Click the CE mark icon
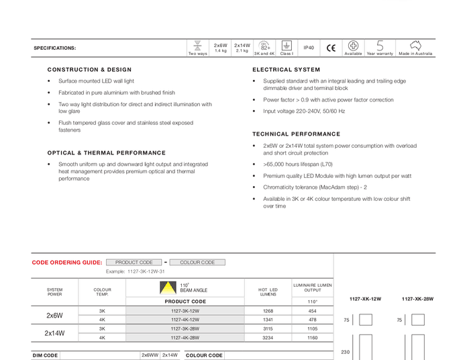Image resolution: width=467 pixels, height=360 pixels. click(x=331, y=48)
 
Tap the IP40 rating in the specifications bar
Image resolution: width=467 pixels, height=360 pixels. click(x=309, y=48)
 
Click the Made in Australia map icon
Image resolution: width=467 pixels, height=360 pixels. click(x=415, y=46)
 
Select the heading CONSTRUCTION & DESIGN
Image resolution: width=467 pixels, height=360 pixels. click(x=89, y=70)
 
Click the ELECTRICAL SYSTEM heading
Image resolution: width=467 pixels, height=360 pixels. click(x=287, y=70)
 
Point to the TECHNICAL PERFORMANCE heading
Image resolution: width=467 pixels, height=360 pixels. click(x=297, y=134)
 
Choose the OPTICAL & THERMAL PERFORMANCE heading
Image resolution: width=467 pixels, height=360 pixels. click(x=106, y=153)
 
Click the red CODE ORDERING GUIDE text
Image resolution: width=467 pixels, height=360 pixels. click(x=67, y=263)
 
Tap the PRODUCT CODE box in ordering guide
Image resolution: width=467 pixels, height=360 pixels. click(x=134, y=263)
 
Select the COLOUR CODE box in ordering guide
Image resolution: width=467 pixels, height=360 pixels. click(x=197, y=263)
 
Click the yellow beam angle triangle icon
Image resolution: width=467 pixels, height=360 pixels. click(x=166, y=289)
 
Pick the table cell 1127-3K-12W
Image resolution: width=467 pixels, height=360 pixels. click(x=185, y=311)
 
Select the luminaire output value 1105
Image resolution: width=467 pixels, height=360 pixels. click(x=312, y=329)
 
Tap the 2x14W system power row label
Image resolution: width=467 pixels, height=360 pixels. click(x=55, y=333)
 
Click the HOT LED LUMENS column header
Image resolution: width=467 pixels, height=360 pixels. click(x=268, y=291)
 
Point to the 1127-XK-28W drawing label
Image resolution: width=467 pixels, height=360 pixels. click(x=417, y=299)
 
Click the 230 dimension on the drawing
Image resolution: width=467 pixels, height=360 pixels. click(x=346, y=352)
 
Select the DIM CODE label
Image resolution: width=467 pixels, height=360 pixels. click(x=46, y=355)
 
